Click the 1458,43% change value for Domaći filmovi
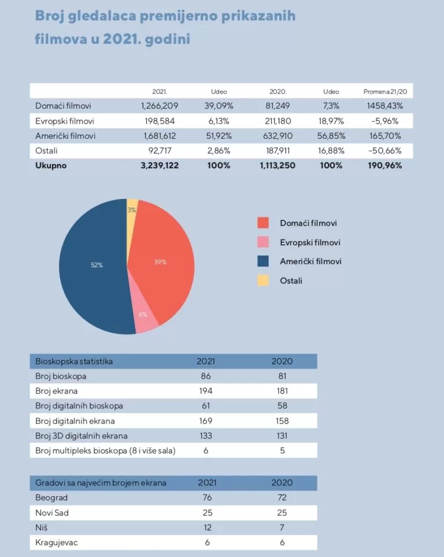coord(384,106)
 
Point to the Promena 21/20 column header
coord(384,91)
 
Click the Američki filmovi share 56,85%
coord(331,136)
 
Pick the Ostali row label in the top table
coord(47,150)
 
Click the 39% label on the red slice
coord(160,262)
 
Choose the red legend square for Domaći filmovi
coord(264,223)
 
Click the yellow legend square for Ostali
coord(264,281)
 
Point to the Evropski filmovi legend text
coord(310,242)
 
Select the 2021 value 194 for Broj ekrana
coord(206,391)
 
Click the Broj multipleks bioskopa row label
coord(105,451)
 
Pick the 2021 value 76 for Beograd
coord(206,497)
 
